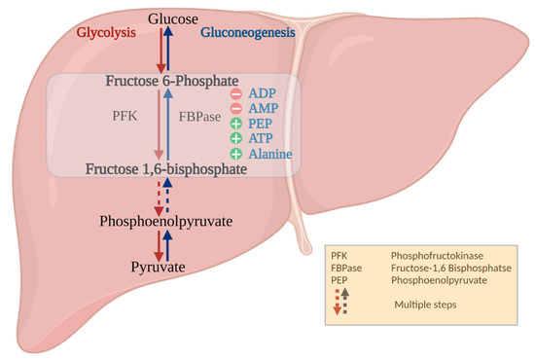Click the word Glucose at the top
[x=173, y=19]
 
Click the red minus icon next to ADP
[x=236, y=94]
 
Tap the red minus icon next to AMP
[x=236, y=109]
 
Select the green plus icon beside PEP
[x=236, y=125]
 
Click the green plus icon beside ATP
[x=236, y=139]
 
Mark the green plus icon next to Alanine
[x=236, y=155]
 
